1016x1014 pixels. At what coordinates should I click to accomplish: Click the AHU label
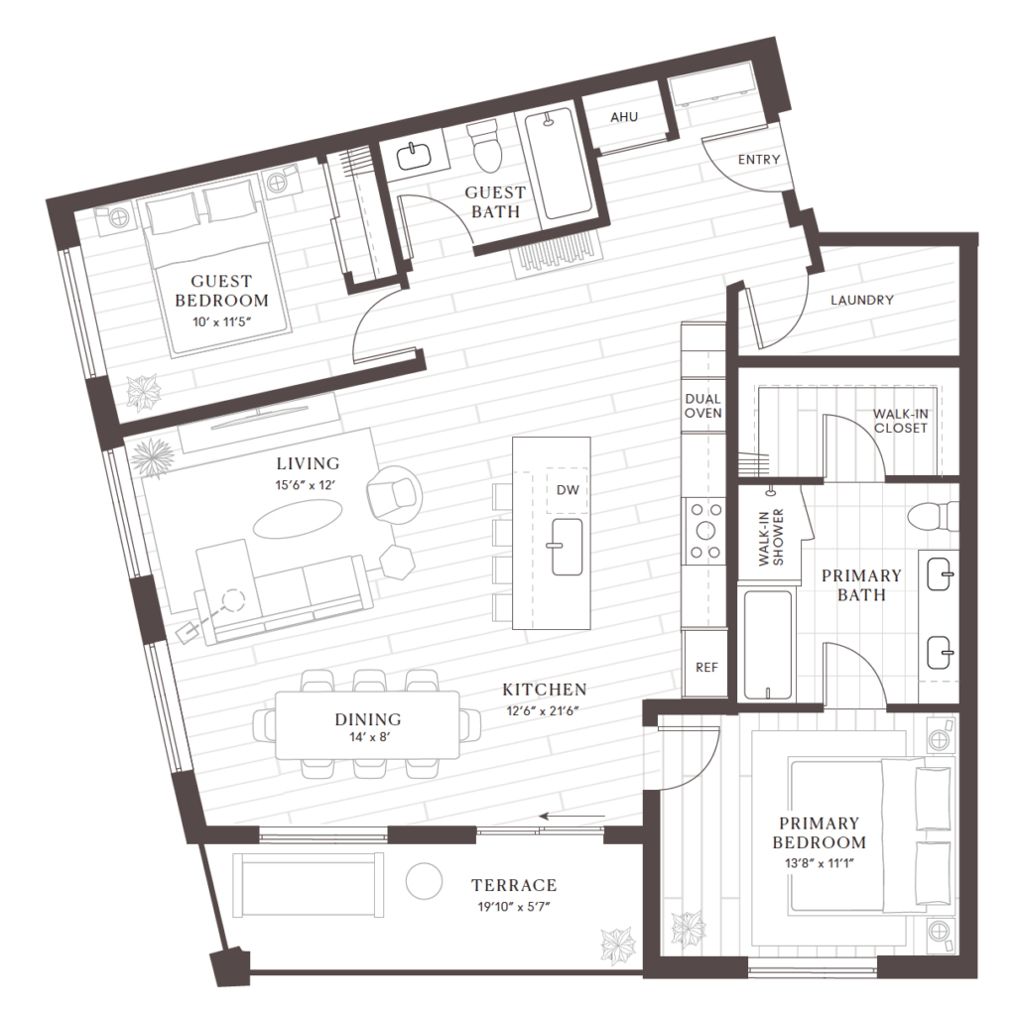624,117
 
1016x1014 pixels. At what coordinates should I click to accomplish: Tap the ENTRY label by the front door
759,160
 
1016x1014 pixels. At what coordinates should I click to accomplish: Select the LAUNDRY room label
862,300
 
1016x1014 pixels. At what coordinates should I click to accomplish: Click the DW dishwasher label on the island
568,490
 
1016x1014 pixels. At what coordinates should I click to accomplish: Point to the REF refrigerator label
706,668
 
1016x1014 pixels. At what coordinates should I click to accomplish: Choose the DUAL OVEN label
703,406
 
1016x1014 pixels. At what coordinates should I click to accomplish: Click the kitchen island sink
567,547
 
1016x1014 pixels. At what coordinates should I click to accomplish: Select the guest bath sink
414,156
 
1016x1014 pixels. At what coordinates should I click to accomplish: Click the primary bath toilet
933,516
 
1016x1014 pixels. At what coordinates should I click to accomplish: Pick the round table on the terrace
424,881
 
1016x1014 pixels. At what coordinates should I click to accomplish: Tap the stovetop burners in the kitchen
705,531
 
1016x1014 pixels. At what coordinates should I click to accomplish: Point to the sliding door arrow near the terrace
572,817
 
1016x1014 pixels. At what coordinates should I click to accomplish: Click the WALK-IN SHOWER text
771,537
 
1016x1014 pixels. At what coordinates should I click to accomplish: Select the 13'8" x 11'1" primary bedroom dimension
819,863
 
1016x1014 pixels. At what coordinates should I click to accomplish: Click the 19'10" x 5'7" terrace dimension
514,907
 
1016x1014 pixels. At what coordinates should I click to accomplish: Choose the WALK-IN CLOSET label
900,421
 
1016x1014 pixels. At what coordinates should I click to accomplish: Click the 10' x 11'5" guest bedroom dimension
221,321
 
